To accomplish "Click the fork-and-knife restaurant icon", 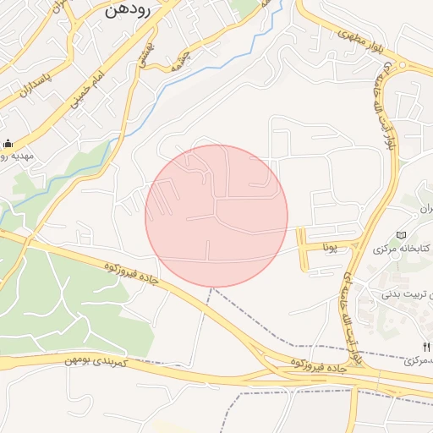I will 425,347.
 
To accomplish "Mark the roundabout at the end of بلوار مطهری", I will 405,68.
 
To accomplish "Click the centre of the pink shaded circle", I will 216,216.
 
